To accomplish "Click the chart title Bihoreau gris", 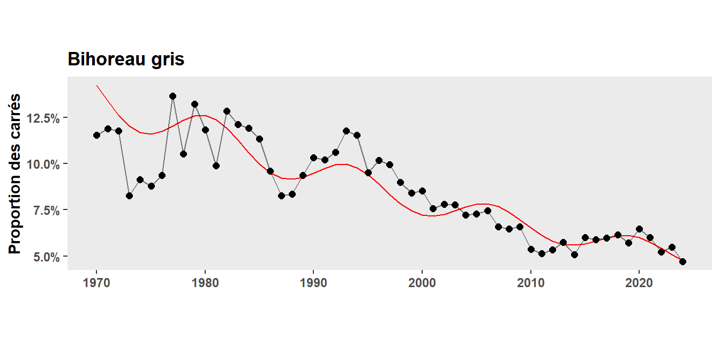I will pyautogui.click(x=126, y=59).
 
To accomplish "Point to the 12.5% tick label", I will pyautogui.click(x=43, y=118).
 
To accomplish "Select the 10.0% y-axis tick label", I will pyautogui.click(x=43, y=164).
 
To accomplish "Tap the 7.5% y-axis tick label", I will pyautogui.click(x=45, y=210).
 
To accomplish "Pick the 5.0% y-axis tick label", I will pyautogui.click(x=45, y=257).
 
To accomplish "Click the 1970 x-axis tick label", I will pyautogui.click(x=96, y=283).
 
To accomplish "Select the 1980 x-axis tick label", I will pyautogui.click(x=205, y=283).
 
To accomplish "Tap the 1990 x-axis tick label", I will pyautogui.click(x=313, y=283).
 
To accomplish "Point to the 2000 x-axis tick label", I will pyautogui.click(x=422, y=283).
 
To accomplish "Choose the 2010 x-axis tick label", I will pyautogui.click(x=530, y=283).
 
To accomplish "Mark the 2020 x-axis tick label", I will pyautogui.click(x=639, y=283).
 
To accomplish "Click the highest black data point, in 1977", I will pyautogui.click(x=172, y=96).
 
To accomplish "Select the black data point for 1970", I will pyautogui.click(x=96, y=135).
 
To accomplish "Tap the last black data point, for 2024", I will pyautogui.click(x=682, y=261).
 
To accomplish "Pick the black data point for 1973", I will pyautogui.click(x=129, y=196).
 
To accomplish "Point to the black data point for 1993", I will pyautogui.click(x=346, y=131).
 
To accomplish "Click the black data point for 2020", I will pyautogui.click(x=639, y=229).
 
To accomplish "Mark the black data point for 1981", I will pyautogui.click(x=216, y=166).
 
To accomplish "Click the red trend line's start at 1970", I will pyautogui.click(x=97, y=86).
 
